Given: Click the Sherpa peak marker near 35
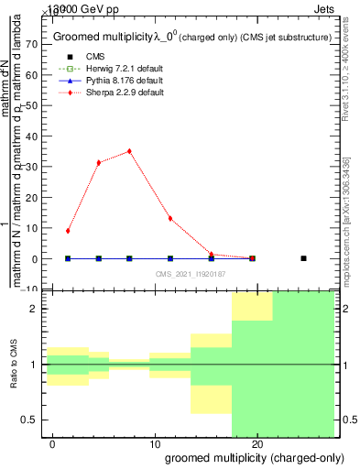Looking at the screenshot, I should point(129,151).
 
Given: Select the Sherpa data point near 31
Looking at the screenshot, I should point(99,162).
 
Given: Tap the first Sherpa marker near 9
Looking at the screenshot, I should point(68,231).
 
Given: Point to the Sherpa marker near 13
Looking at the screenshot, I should point(170,218).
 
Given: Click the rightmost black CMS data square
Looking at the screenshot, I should point(303,258).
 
